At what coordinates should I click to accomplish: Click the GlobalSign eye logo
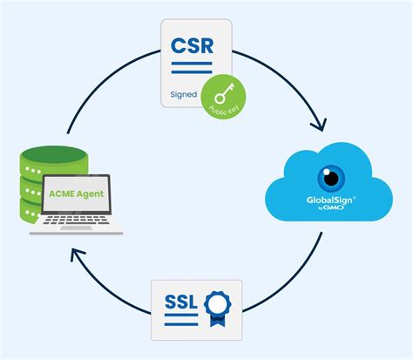coord(330,177)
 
